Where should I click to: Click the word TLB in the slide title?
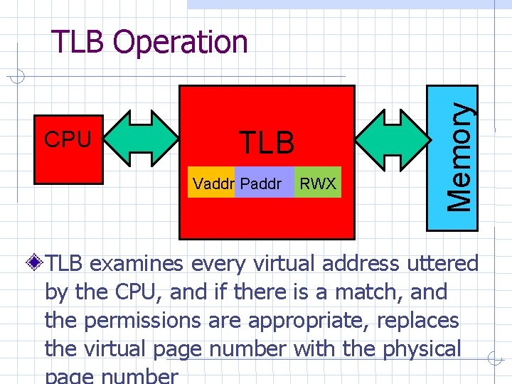[x=79, y=42]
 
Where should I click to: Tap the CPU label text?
[x=68, y=140]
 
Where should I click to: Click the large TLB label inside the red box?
[x=266, y=143]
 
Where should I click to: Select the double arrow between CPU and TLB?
[x=142, y=139]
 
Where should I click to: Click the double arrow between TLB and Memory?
[x=390, y=139]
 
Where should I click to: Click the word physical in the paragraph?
[x=422, y=349]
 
